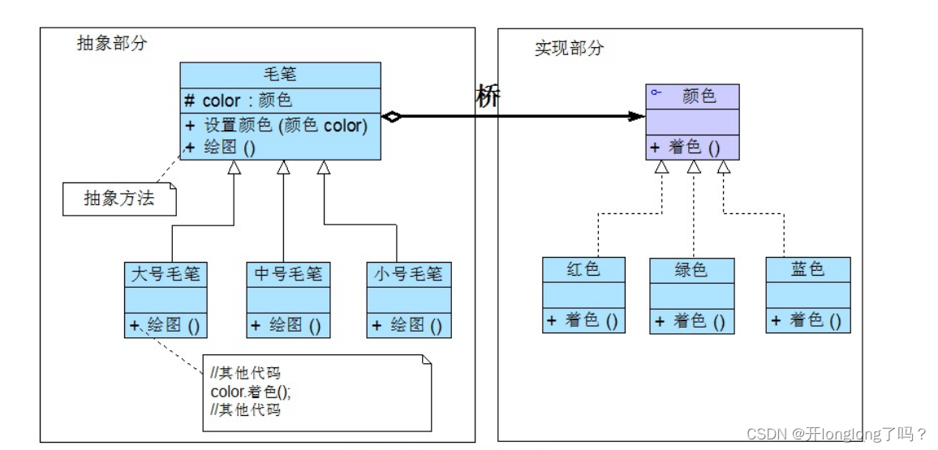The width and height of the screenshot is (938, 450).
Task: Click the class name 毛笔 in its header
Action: coord(281,75)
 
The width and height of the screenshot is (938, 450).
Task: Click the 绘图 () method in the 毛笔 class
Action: coord(220,148)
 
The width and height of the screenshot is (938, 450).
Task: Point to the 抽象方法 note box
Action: coord(119,199)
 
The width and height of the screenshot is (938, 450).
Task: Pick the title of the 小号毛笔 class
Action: coord(408,274)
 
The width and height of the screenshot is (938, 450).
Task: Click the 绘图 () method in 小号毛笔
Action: coord(408,326)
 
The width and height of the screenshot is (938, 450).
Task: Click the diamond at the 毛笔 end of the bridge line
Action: coord(392,118)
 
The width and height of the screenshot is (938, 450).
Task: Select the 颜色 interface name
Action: coord(699,96)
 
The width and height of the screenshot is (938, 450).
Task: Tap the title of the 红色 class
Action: coord(583,269)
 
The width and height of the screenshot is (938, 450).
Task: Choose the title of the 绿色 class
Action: coord(691,270)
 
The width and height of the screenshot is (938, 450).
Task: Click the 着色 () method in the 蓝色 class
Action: coord(807,320)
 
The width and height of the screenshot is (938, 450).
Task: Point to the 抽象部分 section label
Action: coord(112,44)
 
